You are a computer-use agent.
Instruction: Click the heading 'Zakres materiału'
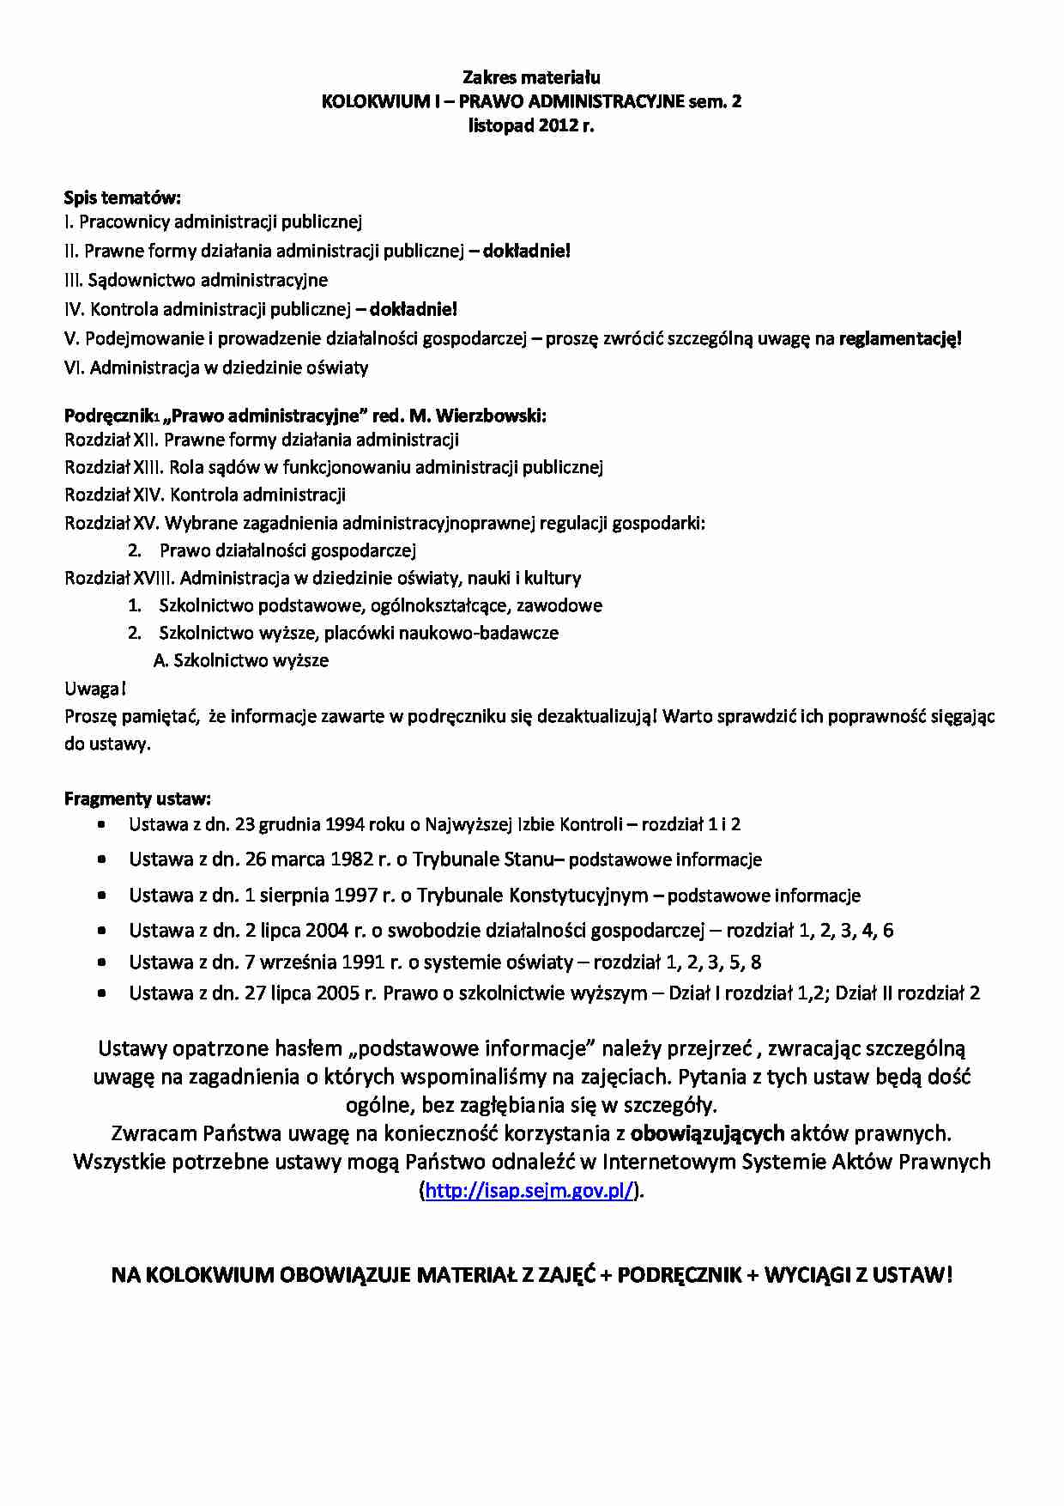point(531,77)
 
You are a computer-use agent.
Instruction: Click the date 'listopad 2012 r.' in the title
point(531,125)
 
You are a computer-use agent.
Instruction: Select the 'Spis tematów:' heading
point(123,197)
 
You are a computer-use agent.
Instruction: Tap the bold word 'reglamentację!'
point(900,338)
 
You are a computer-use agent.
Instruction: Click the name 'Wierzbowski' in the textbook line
point(491,416)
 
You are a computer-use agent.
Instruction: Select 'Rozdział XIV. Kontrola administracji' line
point(205,495)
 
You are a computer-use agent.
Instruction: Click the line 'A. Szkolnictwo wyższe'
point(241,660)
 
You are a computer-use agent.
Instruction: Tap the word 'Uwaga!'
point(95,689)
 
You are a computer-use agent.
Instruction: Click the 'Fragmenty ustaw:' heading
point(137,799)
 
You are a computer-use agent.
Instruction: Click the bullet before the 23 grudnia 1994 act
point(102,824)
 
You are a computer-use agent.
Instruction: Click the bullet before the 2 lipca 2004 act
point(102,930)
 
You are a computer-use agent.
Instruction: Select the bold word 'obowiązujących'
point(707,1133)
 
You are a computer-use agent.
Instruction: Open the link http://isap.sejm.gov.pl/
point(530,1191)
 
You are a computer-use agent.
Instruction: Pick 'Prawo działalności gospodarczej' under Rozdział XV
point(287,550)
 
